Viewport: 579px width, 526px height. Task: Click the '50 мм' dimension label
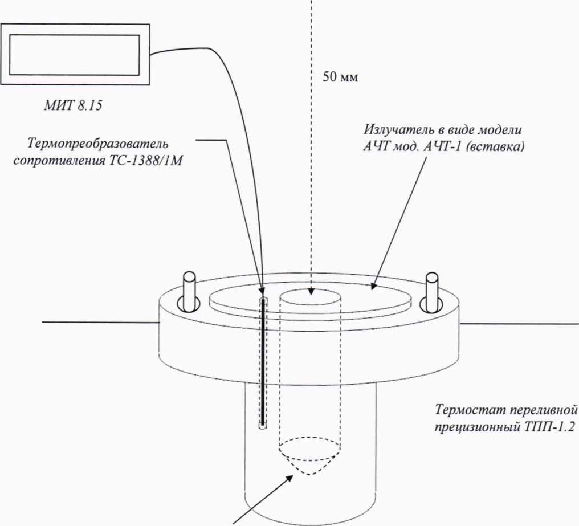[340, 78]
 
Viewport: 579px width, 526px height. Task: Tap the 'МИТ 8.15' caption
[73, 106]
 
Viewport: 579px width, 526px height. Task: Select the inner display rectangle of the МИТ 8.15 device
[74, 55]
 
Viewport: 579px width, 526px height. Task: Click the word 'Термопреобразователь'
[97, 144]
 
